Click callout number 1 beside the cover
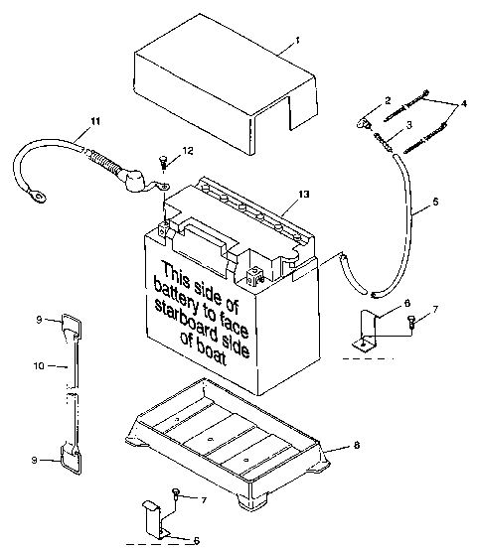click(296, 43)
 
